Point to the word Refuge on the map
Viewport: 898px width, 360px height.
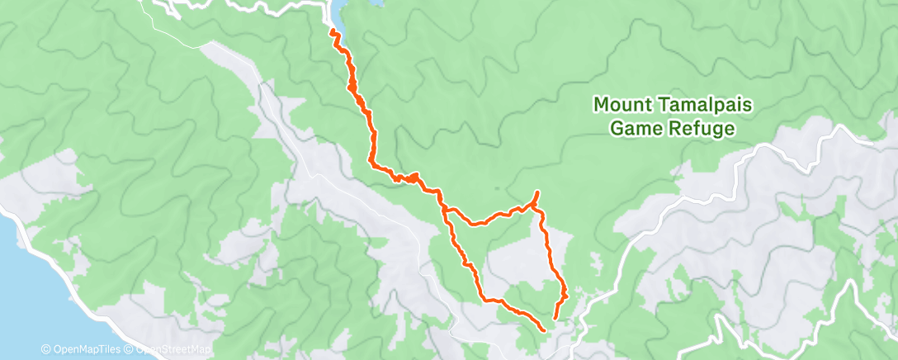click(x=703, y=129)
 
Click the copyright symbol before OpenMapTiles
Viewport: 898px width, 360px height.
click(x=45, y=350)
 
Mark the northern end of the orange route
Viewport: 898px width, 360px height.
click(x=333, y=31)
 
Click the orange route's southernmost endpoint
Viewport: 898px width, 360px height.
click(x=544, y=330)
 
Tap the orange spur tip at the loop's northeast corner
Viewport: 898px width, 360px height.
click(x=537, y=192)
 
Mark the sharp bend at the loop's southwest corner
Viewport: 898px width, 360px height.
click(x=483, y=298)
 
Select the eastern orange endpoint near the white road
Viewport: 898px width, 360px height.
click(x=555, y=318)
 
